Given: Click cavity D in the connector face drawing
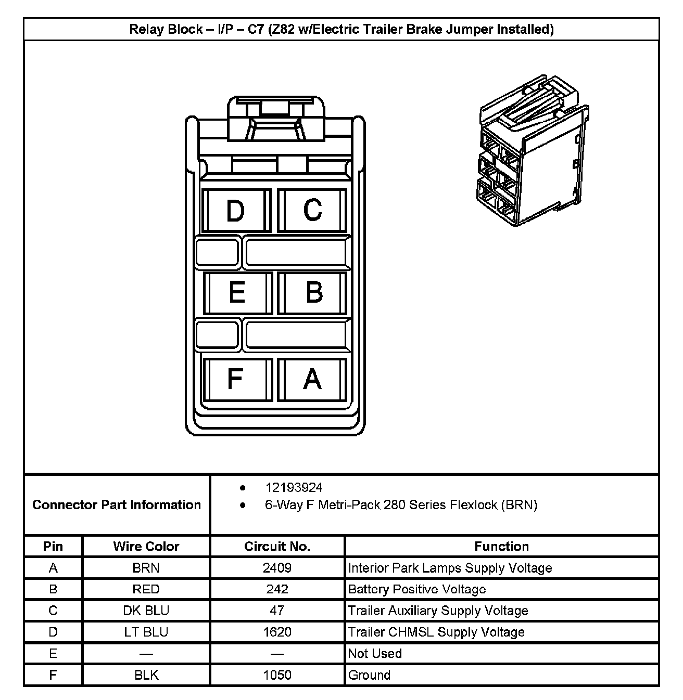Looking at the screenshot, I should tap(235, 211).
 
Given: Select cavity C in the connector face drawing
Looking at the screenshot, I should tap(312, 210).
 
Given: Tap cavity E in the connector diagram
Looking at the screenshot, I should tap(237, 293).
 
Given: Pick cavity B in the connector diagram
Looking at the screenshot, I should tap(313, 293).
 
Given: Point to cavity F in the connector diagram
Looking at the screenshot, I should tap(235, 379).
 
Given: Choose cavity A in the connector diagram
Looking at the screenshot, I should tap(312, 379).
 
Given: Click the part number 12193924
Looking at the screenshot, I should tap(294, 487).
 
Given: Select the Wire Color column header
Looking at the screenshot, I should tap(146, 546).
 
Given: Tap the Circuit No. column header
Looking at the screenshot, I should tap(277, 546).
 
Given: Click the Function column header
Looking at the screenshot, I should tap(501, 546).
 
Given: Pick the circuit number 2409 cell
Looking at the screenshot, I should tap(277, 568).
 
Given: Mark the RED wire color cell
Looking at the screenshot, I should tap(146, 589).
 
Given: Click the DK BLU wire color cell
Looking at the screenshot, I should tap(146, 611).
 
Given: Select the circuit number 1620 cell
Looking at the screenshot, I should tap(277, 632).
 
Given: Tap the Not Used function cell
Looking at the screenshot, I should tap(375, 653).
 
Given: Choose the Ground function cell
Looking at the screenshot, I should tap(369, 675).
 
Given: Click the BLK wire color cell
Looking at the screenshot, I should tap(146, 675).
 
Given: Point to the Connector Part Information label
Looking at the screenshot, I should tap(117, 504).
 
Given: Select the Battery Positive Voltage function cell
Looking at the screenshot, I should tap(416, 589).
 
